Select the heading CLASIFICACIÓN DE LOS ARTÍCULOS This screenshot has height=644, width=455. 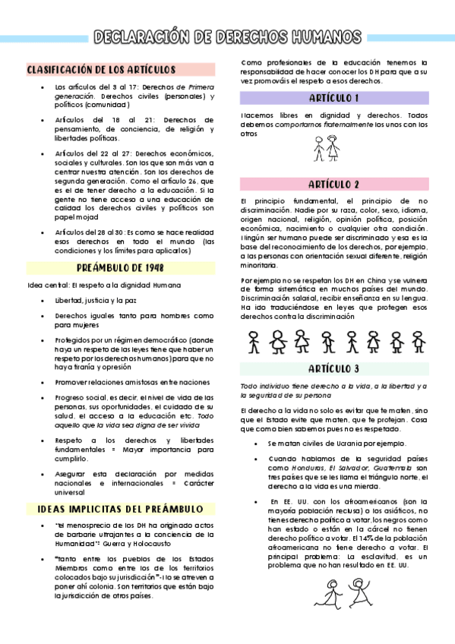tap(101, 69)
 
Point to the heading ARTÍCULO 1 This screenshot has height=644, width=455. tap(334, 98)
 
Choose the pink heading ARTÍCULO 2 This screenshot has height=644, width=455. tap(334, 185)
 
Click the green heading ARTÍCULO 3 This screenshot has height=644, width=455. tap(334, 369)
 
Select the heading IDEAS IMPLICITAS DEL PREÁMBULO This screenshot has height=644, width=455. tap(115, 508)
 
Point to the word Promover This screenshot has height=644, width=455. tap(73, 381)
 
